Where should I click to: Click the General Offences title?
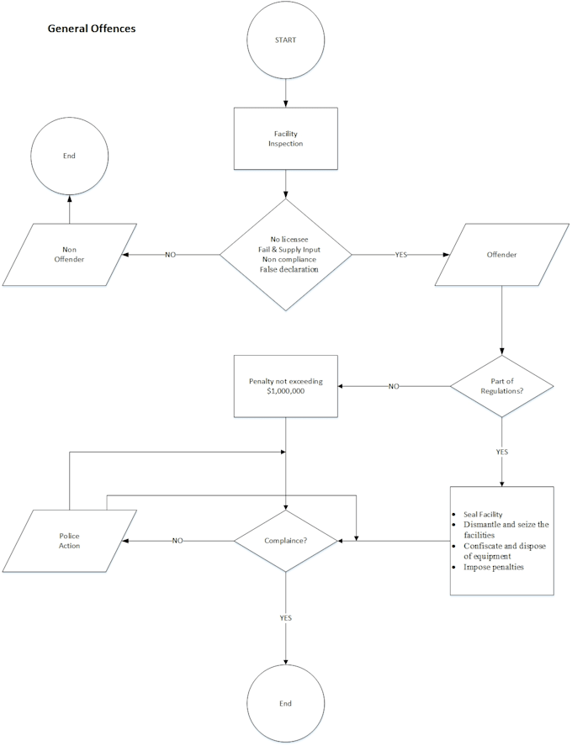tap(92, 29)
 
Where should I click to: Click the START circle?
tap(285, 40)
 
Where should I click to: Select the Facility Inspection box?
tap(285, 139)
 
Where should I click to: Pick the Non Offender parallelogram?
tap(70, 254)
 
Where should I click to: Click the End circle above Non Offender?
tap(69, 156)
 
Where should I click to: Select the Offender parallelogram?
tap(501, 254)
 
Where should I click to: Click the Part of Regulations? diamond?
tap(502, 386)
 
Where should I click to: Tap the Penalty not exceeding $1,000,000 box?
tap(285, 386)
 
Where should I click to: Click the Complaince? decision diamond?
tap(285, 540)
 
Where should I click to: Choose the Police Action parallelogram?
tap(70, 540)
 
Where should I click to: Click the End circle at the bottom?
tap(285, 701)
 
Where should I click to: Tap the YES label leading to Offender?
tap(401, 254)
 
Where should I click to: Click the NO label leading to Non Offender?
tap(170, 254)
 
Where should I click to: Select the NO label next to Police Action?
tap(177, 540)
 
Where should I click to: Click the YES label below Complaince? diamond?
tap(285, 617)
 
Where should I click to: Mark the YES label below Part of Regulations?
tap(502, 452)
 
